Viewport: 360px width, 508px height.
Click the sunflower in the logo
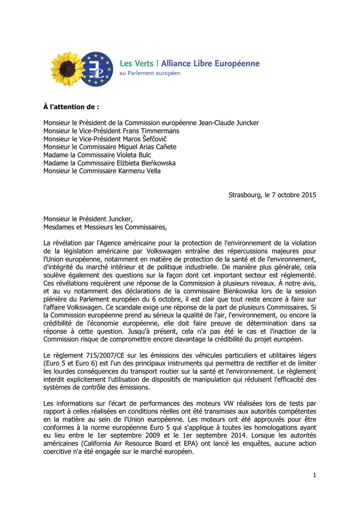click(x=68, y=69)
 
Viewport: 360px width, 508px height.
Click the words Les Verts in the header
click(x=137, y=64)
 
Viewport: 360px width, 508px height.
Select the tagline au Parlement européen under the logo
click(x=150, y=73)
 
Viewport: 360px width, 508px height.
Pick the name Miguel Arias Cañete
click(x=147, y=147)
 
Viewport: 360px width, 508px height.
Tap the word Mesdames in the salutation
click(x=59, y=227)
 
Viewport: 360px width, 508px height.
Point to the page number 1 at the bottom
click(x=314, y=475)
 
